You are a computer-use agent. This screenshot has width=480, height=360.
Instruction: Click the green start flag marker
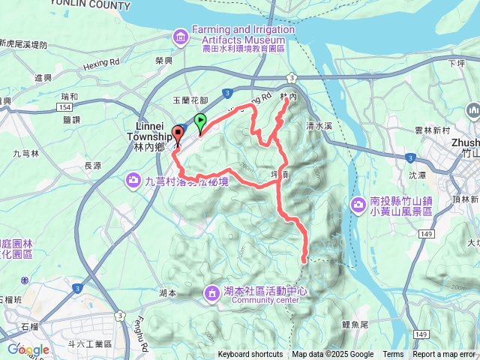(200, 121)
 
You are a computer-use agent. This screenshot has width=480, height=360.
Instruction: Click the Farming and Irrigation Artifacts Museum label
(240, 34)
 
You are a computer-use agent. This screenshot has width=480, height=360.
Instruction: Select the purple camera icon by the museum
(181, 34)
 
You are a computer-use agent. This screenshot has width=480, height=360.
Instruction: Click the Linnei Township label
(155, 132)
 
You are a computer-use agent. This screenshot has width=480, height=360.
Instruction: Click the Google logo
(28, 349)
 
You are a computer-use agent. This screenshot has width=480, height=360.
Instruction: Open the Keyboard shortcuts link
(250, 355)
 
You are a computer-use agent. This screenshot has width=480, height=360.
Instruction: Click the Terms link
(393, 355)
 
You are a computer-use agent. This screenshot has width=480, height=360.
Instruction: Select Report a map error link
(445, 355)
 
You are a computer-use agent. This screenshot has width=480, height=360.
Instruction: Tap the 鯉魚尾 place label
(354, 324)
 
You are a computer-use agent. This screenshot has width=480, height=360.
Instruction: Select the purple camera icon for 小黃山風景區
(358, 204)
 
